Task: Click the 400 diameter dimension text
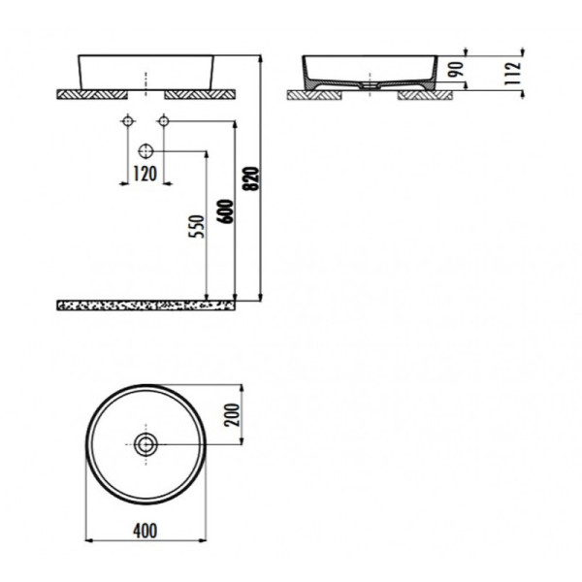(x=145, y=531)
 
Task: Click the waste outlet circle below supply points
(x=145, y=150)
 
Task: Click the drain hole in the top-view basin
(x=145, y=444)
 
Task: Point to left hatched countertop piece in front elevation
(x=93, y=94)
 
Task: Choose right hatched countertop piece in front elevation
(x=199, y=94)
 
